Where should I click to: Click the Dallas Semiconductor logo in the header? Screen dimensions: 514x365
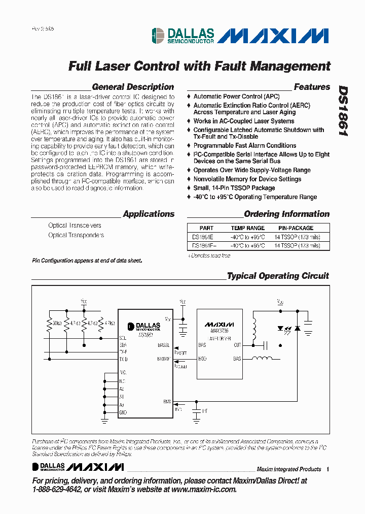point(182,36)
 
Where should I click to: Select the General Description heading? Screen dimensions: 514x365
point(133,87)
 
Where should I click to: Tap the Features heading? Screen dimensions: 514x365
point(312,87)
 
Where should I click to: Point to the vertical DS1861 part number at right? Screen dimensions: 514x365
point(343,111)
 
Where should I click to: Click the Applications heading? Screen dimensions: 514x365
point(149,214)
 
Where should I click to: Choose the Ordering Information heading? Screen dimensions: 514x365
point(286,214)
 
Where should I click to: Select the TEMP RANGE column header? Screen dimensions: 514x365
point(248,228)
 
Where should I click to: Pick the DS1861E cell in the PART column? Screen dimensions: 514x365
point(203,237)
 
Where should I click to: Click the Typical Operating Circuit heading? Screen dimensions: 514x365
point(278,276)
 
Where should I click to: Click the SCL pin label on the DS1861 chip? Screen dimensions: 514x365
point(123,338)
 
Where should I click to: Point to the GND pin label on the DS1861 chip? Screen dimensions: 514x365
point(122,412)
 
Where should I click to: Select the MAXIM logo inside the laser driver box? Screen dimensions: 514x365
point(219,324)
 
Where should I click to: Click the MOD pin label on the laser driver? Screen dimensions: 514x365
point(202,359)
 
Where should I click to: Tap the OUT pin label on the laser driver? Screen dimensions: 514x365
point(237,345)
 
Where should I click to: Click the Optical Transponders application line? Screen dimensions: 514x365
point(76,235)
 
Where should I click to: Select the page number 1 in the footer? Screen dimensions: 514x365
point(328,469)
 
